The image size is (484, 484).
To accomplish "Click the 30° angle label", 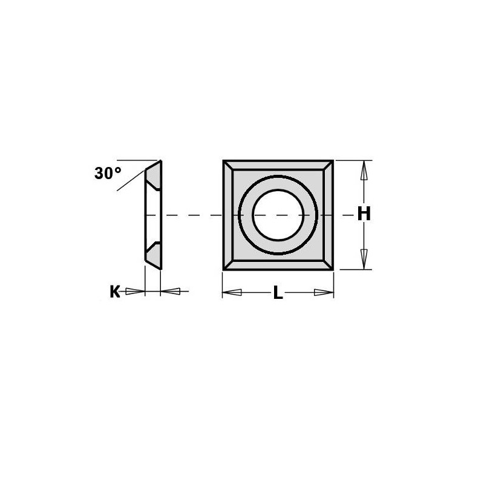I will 108,173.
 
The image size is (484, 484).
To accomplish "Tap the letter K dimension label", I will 114,292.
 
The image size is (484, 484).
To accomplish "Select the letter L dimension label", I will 278,293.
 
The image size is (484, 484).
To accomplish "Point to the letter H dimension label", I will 363,214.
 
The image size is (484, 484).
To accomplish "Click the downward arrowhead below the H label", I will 363,258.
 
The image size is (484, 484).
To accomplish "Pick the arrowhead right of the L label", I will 323,293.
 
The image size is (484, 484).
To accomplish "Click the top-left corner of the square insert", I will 224,162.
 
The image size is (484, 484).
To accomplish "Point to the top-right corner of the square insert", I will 332,162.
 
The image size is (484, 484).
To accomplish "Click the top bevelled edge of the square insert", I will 278,166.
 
